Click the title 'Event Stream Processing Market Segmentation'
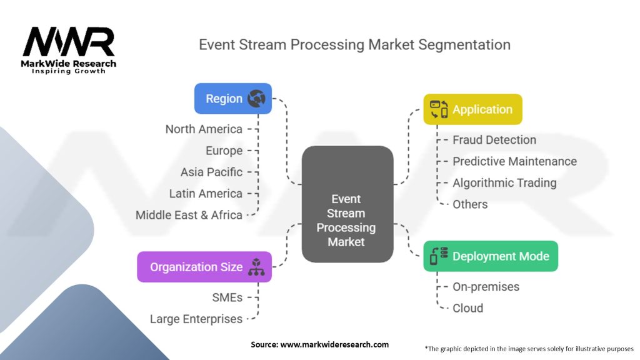pos(354,45)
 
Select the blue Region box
pos(232,99)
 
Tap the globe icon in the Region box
pos(256,99)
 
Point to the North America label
pos(204,129)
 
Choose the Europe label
pos(224,151)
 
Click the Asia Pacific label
pos(211,172)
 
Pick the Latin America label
pos(206,194)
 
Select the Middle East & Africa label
pos(189,215)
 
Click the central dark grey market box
pos(347,204)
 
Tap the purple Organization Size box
pos(204,267)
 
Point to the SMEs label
pos(227,297)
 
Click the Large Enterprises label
pos(196,319)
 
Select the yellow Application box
pos(472,109)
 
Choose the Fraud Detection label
pos(494,140)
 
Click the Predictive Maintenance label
pos(514,161)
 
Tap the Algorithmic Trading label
pos(504,183)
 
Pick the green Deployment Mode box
pos(491,256)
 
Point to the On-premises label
pos(486,287)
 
